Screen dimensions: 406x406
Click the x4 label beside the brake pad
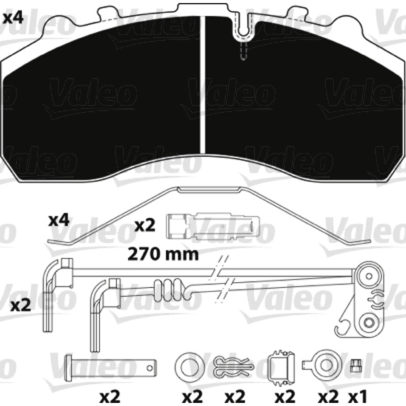coord(13,18)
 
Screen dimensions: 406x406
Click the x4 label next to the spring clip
coord(59,221)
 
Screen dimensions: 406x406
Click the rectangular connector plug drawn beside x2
coord(212,226)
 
